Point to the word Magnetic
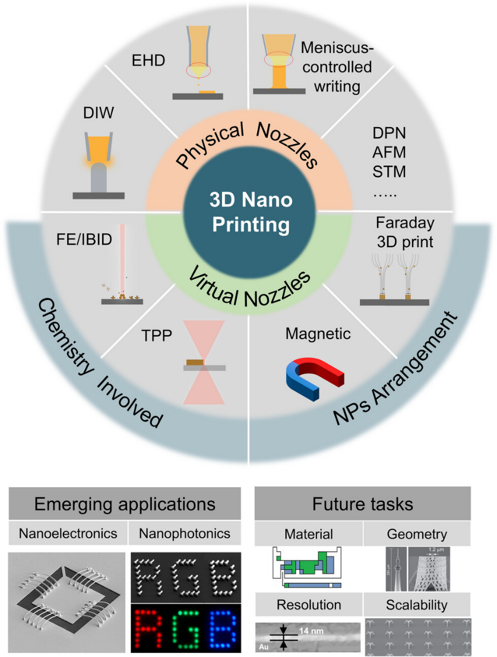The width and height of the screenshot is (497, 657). [318, 334]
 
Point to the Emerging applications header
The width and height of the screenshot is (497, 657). [125, 505]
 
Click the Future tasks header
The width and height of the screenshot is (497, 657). [363, 505]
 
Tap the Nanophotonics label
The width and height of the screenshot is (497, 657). [184, 533]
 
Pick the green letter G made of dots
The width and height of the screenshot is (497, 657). [186, 627]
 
